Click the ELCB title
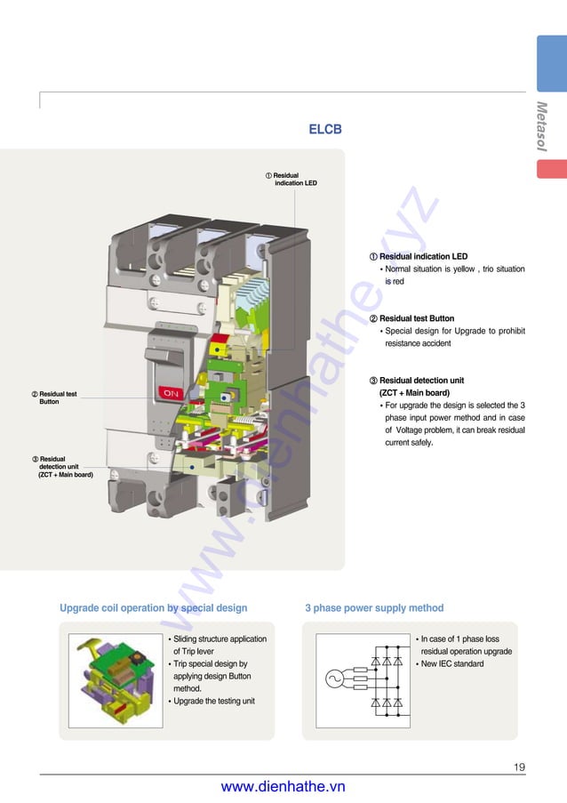[324, 130]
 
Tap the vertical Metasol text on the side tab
[541, 126]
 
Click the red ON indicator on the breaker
[171, 392]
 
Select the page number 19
[519, 767]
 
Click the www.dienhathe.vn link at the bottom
[283, 786]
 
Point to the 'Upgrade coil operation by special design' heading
[153, 608]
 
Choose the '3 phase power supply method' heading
[373, 608]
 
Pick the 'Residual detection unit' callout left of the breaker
[62, 467]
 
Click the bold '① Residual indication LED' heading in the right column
[418, 257]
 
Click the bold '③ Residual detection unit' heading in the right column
[417, 381]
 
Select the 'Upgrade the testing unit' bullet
[213, 701]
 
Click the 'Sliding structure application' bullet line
[218, 639]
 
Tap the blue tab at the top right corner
[551, 64]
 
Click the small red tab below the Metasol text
[551, 168]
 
